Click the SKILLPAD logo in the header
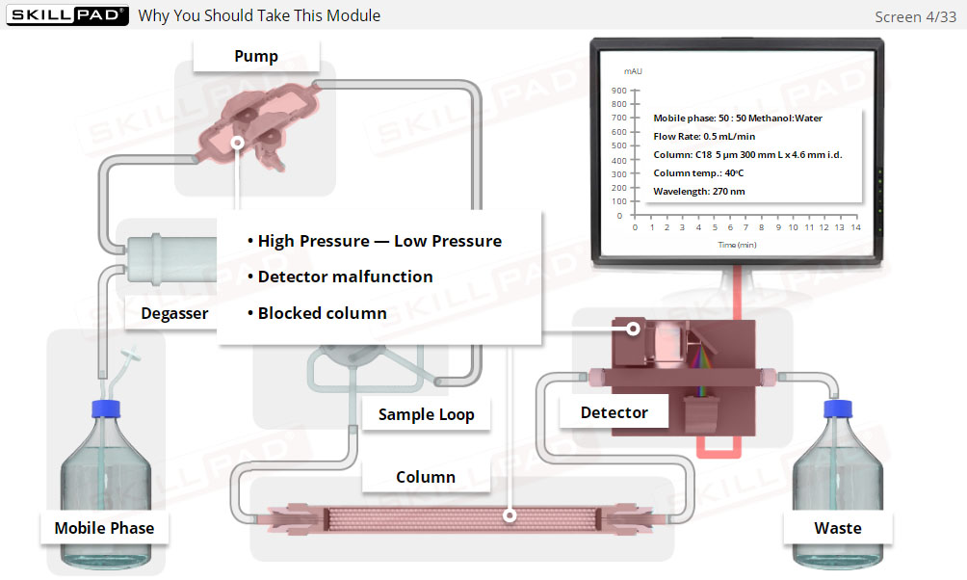65,15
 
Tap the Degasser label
174,313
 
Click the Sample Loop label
426,414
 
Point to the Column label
426,477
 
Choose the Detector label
614,412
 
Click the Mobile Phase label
104,527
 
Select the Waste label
837,527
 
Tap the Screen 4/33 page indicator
915,16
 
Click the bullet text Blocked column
322,313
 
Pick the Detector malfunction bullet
345,277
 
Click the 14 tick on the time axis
855,228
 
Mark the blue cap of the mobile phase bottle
104,409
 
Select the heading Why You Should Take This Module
259,15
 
